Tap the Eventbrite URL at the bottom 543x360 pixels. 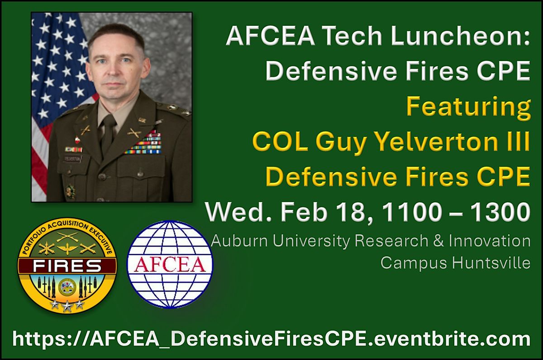[271, 339]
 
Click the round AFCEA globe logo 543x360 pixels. [170, 264]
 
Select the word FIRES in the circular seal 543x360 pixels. [67, 266]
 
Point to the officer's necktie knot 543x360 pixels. [108, 120]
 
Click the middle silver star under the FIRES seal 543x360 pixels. [67, 307]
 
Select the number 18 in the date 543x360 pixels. [350, 212]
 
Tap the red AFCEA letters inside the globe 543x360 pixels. [170, 264]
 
